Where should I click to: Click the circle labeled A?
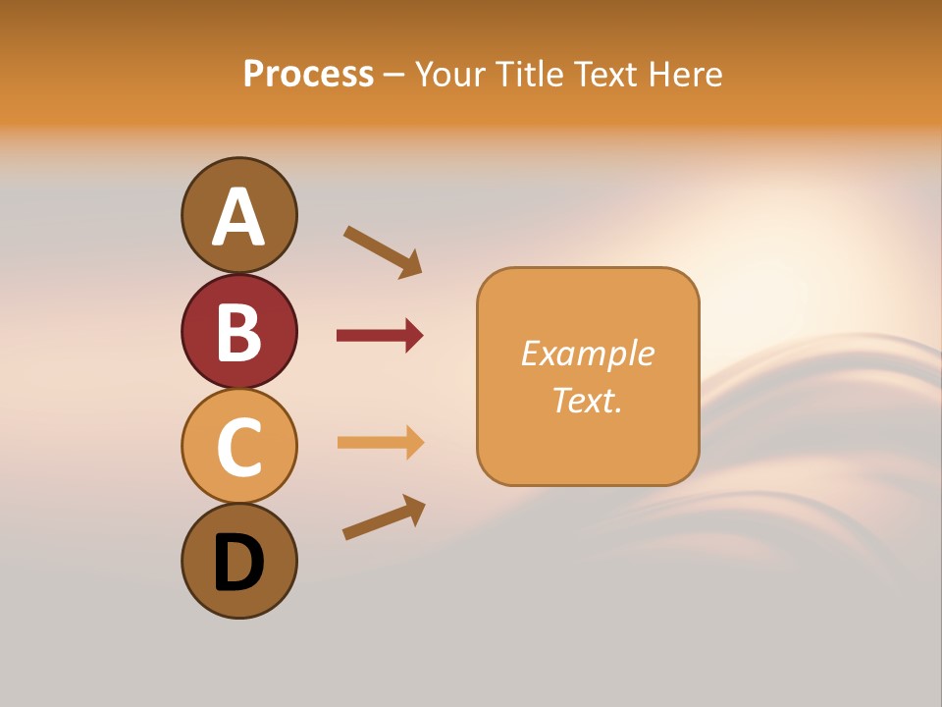tap(238, 215)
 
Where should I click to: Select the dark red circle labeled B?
tap(238, 331)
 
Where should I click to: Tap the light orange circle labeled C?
tap(238, 446)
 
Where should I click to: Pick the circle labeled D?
tap(238, 561)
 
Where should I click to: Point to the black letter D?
tap(238, 563)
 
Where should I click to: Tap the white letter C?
tap(238, 447)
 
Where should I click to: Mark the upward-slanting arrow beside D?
tap(384, 517)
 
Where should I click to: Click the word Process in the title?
tap(308, 74)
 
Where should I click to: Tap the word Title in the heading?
tap(530, 74)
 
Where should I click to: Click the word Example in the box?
tap(587, 353)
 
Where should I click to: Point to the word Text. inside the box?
tap(587, 400)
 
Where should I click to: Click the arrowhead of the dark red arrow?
tap(413, 336)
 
